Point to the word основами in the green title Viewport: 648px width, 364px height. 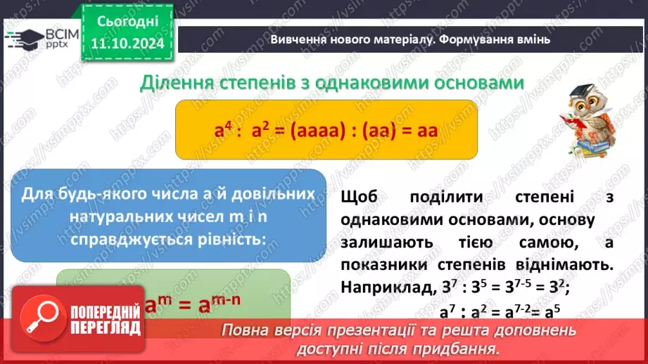click(478, 83)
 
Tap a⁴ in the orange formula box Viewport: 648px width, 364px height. click(224, 130)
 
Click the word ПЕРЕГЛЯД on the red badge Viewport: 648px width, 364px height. click(104, 328)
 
